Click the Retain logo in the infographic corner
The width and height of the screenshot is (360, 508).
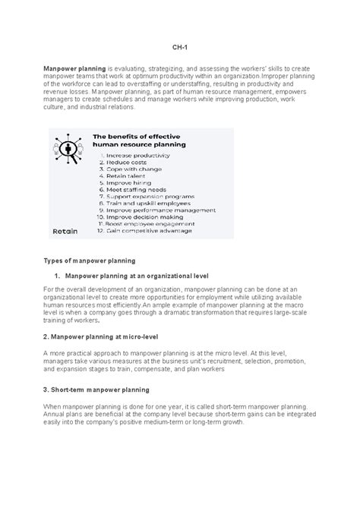64,252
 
